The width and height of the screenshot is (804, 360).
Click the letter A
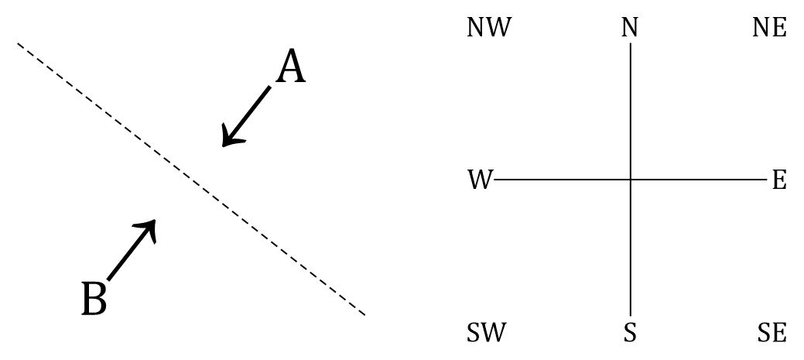click(x=291, y=67)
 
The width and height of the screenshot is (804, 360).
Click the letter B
click(x=94, y=299)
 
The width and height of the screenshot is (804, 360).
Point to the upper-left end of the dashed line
click(x=19, y=44)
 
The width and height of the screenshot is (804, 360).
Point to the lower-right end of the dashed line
click(x=364, y=314)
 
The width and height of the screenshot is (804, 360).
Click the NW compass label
click(x=489, y=29)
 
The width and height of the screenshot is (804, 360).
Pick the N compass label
click(x=630, y=29)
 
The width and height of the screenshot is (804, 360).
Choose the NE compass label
click(x=769, y=29)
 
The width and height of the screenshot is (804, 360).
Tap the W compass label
click(x=480, y=180)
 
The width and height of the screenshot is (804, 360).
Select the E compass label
click(x=778, y=180)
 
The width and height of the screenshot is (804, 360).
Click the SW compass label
click(x=486, y=334)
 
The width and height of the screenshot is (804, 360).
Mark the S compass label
click(x=630, y=334)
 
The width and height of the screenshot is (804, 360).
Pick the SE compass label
click(x=771, y=334)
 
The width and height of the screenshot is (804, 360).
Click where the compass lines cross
click(x=631, y=180)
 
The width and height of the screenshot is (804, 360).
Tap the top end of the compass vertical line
click(x=631, y=44)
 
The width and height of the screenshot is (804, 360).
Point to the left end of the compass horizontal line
click(x=495, y=180)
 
